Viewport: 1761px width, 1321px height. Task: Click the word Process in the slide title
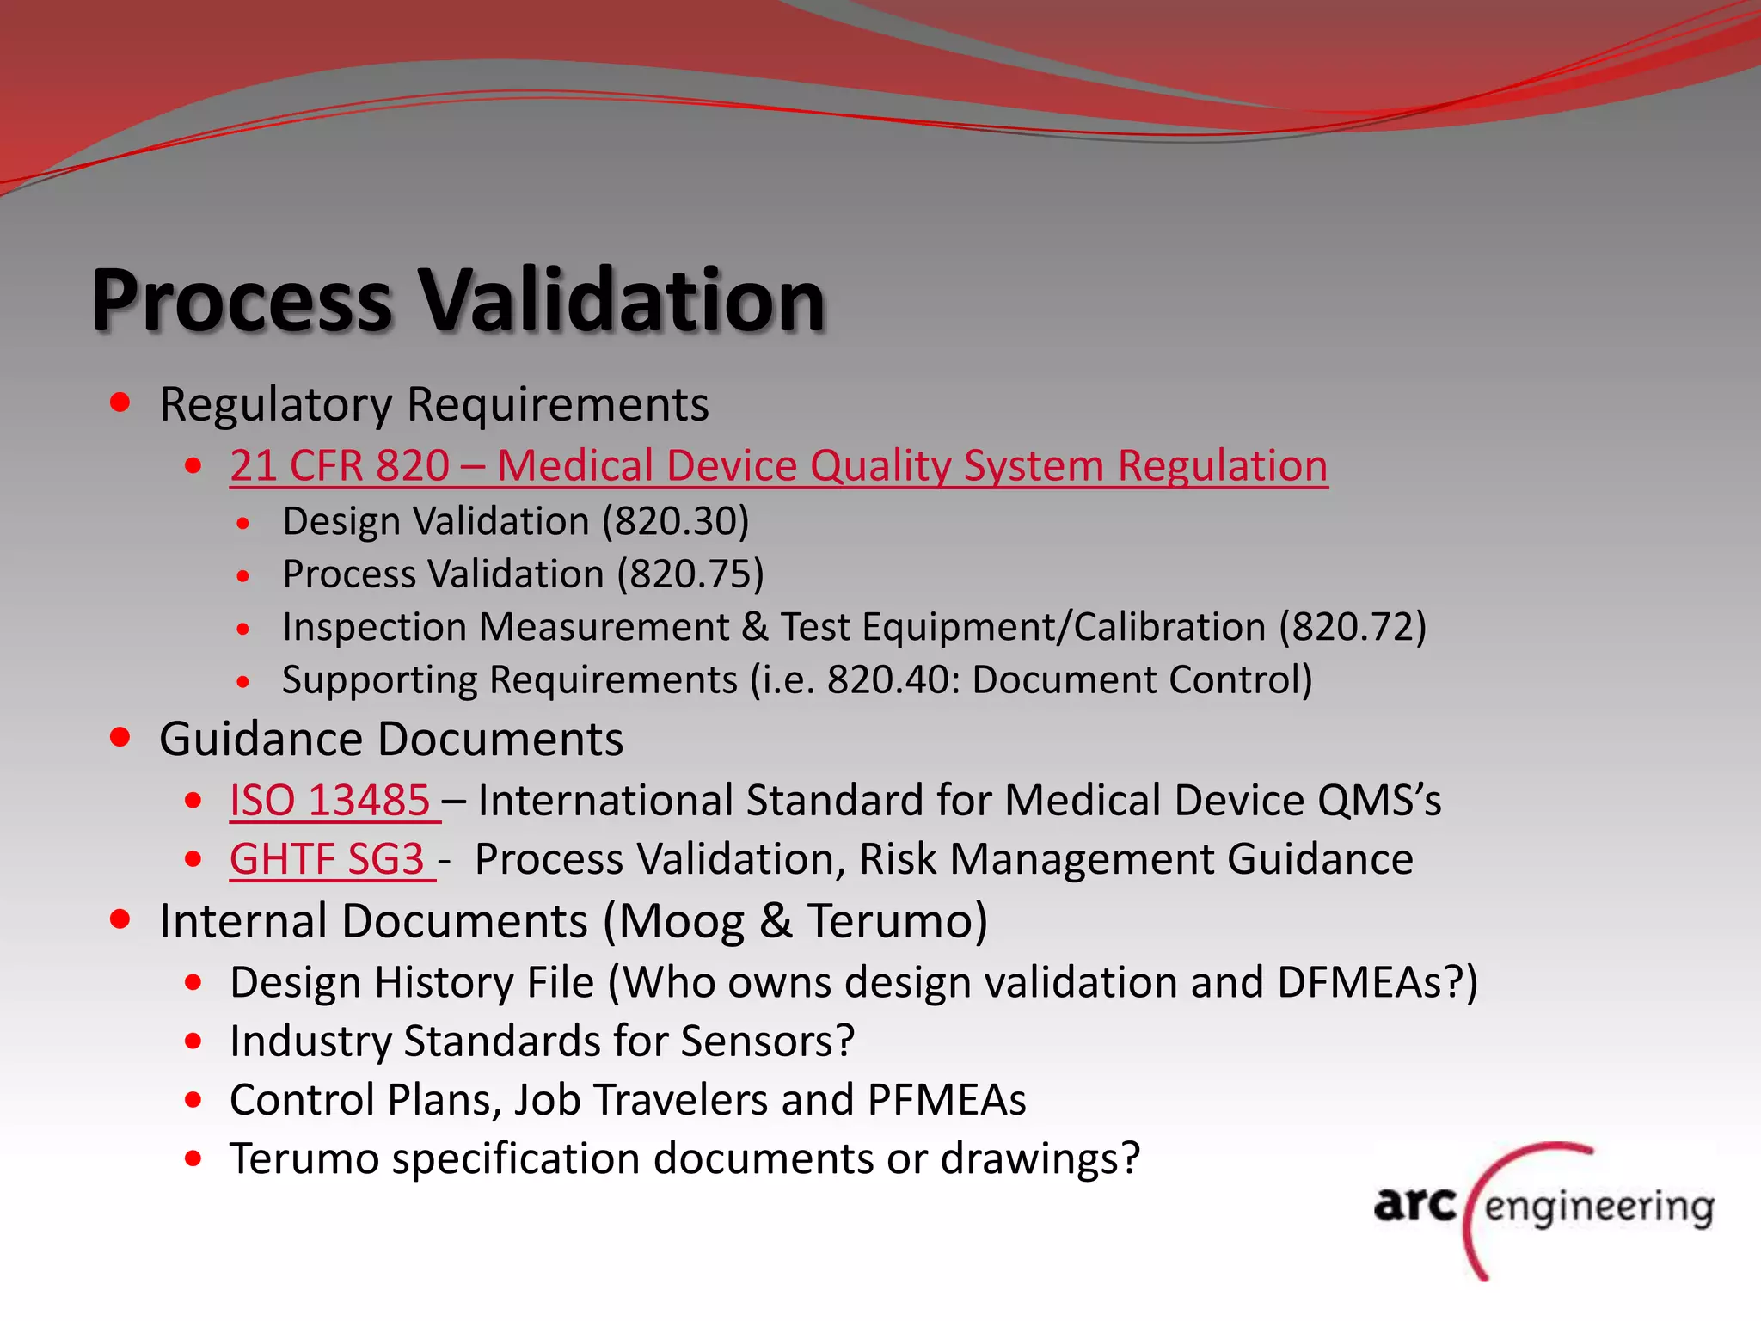[x=242, y=300]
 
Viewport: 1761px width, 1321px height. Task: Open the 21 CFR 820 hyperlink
[x=778, y=466]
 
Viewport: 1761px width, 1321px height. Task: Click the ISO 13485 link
[x=330, y=801]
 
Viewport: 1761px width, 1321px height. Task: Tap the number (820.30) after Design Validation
[x=676, y=522]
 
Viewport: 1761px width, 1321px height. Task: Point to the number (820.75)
[x=690, y=574]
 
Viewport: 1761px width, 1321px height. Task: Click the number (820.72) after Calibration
[x=1353, y=627]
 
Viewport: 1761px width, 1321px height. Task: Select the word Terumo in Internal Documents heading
[x=898, y=921]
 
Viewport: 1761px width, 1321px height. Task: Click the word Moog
[x=683, y=921]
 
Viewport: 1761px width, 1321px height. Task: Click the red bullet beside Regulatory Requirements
[x=120, y=402]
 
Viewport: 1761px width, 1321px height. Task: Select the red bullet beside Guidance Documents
[x=120, y=737]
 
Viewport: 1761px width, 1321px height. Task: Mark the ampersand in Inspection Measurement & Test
[x=755, y=627]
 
